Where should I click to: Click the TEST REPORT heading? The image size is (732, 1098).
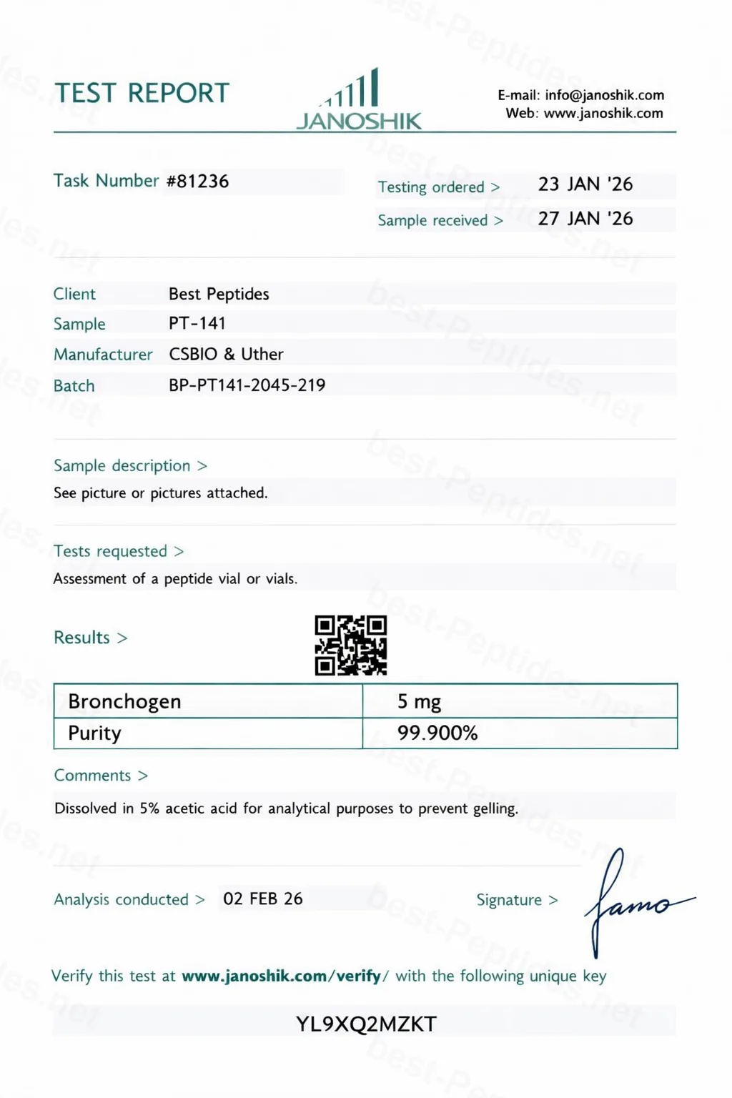click(142, 93)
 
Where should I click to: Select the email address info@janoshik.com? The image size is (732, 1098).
click(604, 95)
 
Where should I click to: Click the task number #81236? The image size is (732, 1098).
click(197, 182)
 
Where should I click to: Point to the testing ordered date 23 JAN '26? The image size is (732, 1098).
click(585, 184)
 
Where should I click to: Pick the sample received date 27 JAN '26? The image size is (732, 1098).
click(585, 219)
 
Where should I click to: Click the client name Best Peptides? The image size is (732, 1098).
click(219, 294)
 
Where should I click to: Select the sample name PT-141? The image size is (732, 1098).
click(197, 323)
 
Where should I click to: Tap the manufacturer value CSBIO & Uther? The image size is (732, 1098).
click(226, 354)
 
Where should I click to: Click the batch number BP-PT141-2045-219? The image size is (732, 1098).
click(247, 385)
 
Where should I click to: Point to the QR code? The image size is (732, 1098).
click(351, 645)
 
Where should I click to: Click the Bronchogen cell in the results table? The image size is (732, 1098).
click(124, 701)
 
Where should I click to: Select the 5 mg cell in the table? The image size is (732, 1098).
click(419, 701)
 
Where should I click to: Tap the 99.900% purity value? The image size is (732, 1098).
click(437, 733)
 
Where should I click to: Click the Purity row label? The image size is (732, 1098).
click(94, 733)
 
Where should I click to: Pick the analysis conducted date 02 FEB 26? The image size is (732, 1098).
click(262, 899)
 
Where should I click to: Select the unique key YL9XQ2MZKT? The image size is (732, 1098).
click(366, 1024)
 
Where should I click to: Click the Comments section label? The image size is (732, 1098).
click(93, 776)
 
